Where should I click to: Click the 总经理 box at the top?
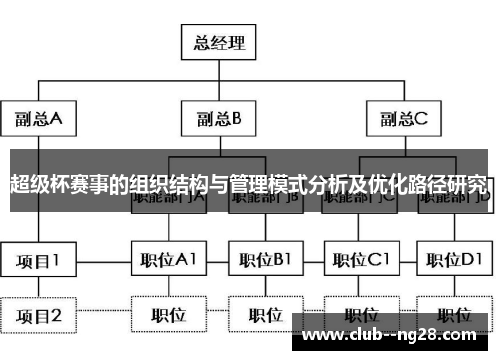tap(218, 44)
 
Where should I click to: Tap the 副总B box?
tap(218, 119)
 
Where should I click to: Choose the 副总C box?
tap(402, 119)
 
